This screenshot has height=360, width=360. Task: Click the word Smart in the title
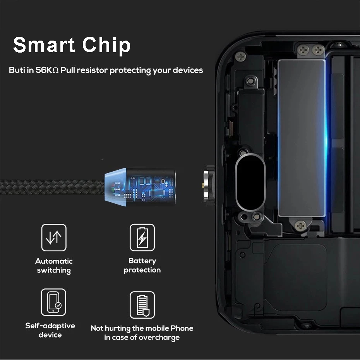pos(44,45)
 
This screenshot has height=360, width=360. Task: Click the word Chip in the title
pos(106,46)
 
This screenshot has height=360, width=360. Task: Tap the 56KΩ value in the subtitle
pos(47,70)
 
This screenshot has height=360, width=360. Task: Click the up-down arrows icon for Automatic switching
pos(54,237)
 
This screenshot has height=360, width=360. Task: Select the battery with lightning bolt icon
pos(142,237)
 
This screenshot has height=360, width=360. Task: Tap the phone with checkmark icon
pos(53,302)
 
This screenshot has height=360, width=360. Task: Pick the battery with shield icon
pos(142,305)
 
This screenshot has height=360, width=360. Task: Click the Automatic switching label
pos(54,266)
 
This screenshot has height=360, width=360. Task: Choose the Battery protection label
pos(142,265)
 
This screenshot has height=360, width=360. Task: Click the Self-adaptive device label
pos(50,330)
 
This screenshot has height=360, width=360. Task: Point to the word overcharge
pos(159,338)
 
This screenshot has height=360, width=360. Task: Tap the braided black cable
pos(52,187)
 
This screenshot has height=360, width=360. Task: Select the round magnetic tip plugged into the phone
pos(209,185)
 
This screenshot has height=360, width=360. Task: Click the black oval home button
pos(250,183)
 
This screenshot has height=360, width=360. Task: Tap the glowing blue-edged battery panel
pos(302,138)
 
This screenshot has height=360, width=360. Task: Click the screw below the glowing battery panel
pos(300,226)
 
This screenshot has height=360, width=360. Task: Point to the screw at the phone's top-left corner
pos(241,56)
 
